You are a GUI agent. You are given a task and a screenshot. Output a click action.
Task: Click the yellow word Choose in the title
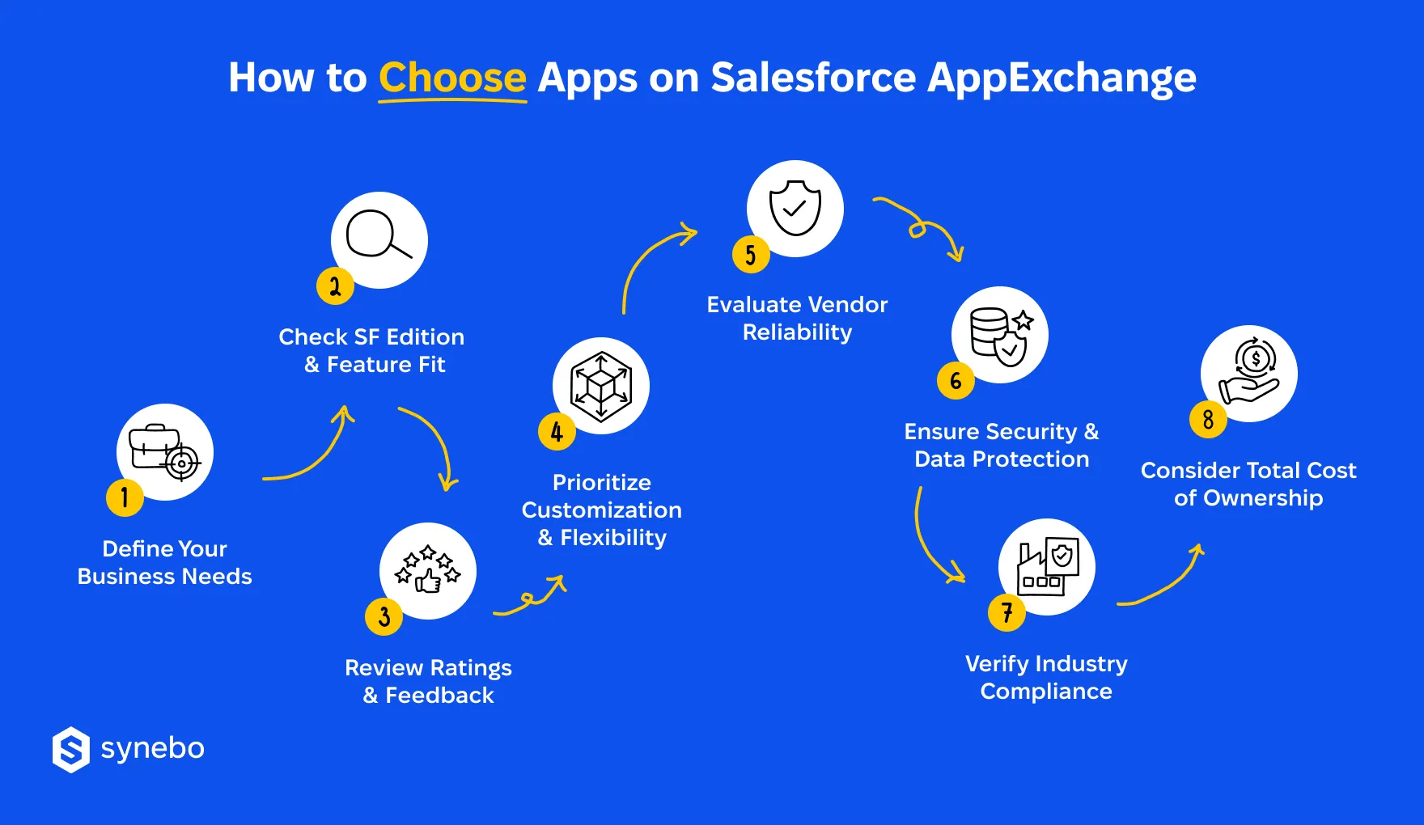click(452, 78)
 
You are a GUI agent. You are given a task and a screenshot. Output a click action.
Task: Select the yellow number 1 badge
click(125, 497)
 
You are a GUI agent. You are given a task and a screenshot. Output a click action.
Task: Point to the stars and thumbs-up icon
click(428, 570)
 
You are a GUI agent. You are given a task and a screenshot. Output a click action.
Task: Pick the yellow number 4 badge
click(557, 432)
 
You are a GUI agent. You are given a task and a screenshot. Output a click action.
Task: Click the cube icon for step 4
click(601, 386)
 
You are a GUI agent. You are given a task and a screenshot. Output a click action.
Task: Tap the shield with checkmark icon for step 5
click(795, 208)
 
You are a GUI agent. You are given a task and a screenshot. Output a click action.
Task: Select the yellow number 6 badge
click(956, 380)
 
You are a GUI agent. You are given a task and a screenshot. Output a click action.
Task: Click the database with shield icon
click(1001, 335)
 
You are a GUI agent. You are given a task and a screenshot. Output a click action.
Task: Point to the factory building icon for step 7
click(1047, 567)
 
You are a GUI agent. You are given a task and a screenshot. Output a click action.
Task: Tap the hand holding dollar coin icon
click(1249, 373)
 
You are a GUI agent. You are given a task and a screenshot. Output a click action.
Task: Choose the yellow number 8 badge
click(1208, 419)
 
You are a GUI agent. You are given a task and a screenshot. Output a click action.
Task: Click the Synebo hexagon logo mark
click(71, 750)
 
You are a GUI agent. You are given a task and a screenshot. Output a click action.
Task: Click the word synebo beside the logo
click(152, 748)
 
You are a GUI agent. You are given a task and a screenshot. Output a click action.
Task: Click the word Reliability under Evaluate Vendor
click(797, 332)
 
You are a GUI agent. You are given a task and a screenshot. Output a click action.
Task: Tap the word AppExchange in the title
click(1062, 78)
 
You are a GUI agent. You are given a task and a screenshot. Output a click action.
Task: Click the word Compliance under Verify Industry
click(1046, 692)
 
